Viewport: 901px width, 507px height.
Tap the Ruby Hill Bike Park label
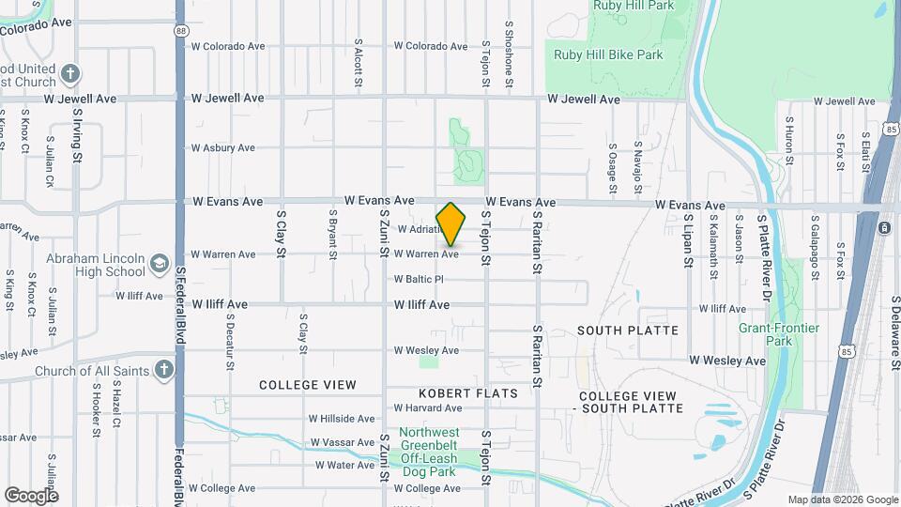point(608,54)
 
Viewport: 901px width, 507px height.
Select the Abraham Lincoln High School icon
point(158,264)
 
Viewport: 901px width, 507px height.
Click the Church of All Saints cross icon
point(164,370)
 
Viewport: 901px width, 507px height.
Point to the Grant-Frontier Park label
point(779,334)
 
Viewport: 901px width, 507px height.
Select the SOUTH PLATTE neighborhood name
point(627,330)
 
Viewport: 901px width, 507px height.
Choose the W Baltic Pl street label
point(419,279)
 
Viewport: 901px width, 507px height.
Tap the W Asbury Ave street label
point(222,147)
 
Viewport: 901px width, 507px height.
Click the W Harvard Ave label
point(427,407)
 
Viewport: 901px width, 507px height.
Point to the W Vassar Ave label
point(343,441)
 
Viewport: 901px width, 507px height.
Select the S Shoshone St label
point(509,56)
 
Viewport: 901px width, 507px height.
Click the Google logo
point(31,495)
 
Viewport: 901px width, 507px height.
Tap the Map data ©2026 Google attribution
point(842,499)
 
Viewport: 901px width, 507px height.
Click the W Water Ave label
point(344,465)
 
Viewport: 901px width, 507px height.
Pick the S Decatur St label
point(229,342)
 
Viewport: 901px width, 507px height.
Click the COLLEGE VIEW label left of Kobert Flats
point(308,385)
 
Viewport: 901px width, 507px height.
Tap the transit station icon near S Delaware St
point(884,228)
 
